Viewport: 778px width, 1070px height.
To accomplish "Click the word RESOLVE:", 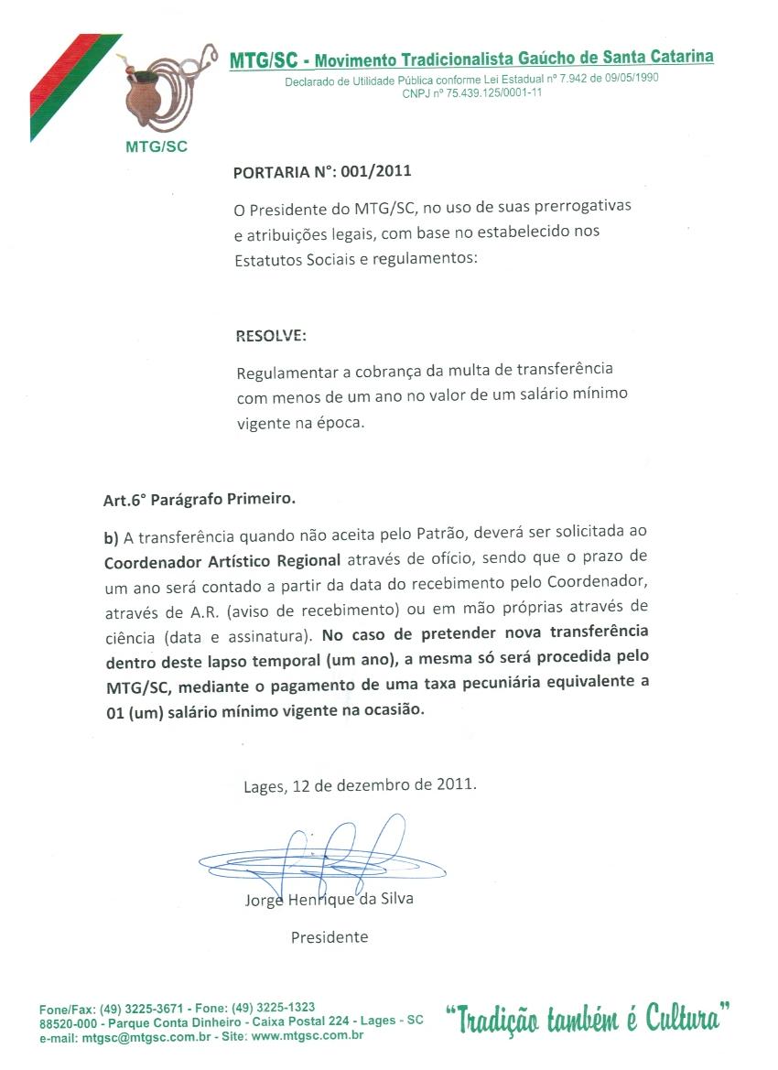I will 271,336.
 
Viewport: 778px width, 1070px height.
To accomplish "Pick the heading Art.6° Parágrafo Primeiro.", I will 200,500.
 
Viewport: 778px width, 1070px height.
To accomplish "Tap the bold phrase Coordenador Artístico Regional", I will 222,559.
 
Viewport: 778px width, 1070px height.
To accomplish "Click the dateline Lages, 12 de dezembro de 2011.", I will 360,784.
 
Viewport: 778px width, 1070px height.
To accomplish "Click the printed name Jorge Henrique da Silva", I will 329,899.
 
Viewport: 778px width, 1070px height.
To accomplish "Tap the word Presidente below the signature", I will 330,937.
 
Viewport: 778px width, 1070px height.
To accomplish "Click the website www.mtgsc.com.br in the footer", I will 307,1036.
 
